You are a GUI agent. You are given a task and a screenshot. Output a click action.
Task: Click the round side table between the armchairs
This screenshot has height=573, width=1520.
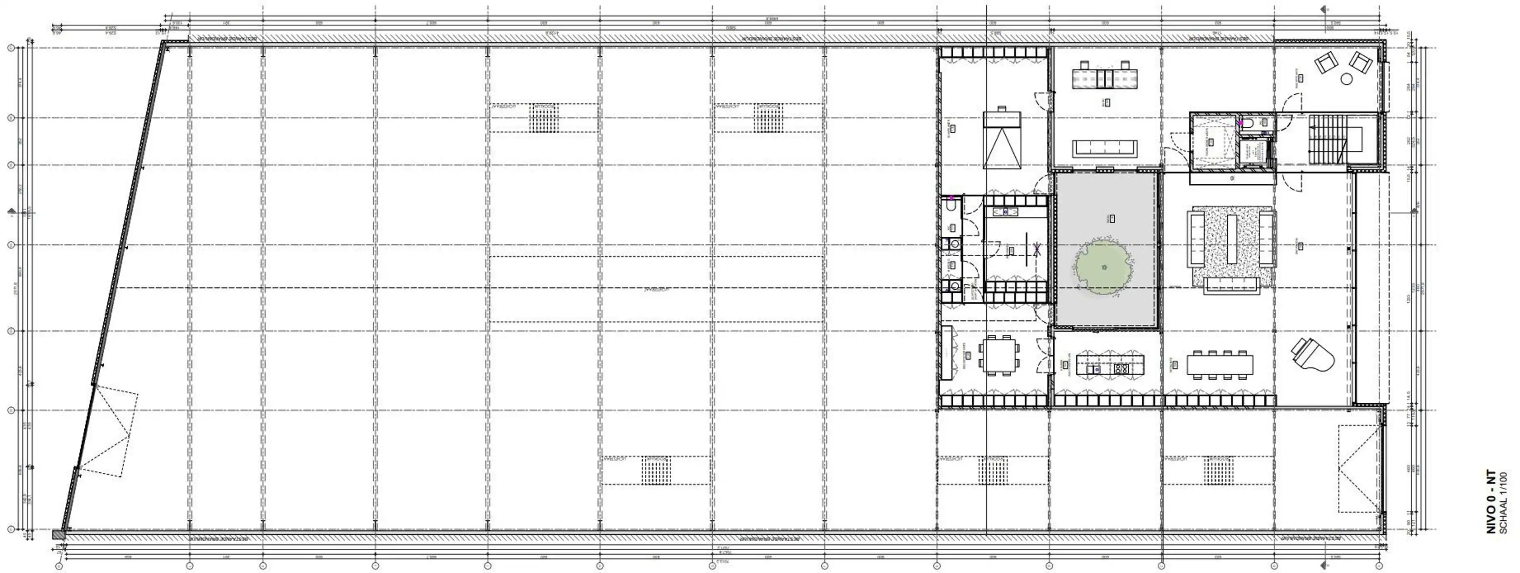click(1347, 78)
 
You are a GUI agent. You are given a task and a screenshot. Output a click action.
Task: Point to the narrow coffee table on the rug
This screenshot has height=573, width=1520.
click(1232, 239)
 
